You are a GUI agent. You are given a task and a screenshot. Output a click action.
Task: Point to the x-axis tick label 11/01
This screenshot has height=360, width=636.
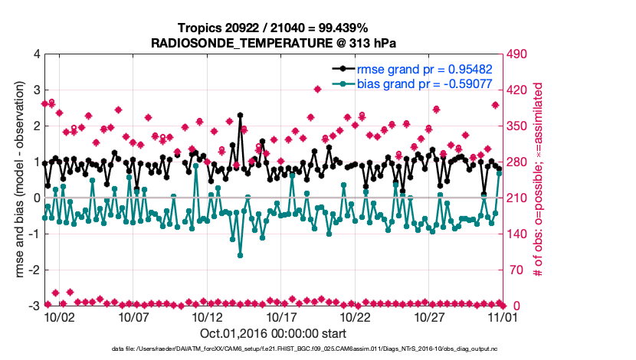pos(503,316)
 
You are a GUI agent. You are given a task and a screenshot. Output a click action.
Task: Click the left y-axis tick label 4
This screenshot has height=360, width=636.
pos(36,54)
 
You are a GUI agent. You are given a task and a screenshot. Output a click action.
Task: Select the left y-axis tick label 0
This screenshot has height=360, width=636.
pos(36,198)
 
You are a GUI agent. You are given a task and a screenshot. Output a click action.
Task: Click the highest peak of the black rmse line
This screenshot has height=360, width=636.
pos(240,115)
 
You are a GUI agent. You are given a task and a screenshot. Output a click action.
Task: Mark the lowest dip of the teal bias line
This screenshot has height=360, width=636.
pos(240,255)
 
